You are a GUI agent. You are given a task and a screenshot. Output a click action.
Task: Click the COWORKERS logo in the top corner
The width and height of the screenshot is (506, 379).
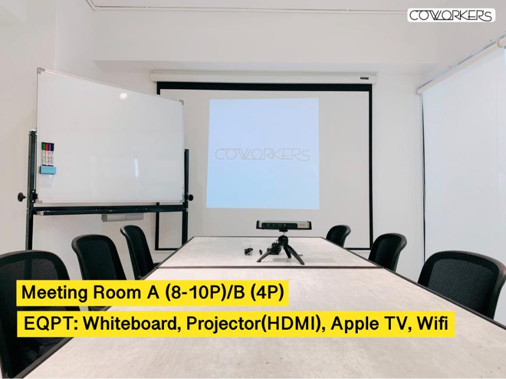[451, 15]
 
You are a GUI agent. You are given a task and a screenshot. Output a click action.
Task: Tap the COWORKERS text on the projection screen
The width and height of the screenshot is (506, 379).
[262, 154]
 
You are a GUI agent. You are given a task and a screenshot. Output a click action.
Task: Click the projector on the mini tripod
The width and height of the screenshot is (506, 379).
[284, 225]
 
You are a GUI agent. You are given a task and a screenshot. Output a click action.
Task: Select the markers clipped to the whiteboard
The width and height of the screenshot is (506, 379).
[48, 153]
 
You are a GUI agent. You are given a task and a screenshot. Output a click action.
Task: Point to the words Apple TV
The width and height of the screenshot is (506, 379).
[370, 324]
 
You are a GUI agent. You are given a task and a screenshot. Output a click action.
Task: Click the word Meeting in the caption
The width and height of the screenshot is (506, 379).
[54, 293]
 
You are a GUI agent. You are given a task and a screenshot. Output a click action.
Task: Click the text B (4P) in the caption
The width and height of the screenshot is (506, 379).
[261, 293]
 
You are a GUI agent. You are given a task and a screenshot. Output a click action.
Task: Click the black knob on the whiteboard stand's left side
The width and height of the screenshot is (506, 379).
[22, 196]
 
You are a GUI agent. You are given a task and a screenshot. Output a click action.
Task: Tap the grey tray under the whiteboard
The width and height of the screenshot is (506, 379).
[123, 217]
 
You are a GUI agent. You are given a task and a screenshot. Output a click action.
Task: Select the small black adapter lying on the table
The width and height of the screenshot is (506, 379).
[248, 250]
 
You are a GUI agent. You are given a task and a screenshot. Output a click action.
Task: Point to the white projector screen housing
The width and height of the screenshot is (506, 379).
[264, 77]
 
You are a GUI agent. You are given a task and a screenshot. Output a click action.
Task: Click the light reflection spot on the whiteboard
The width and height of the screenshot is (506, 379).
[124, 95]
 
